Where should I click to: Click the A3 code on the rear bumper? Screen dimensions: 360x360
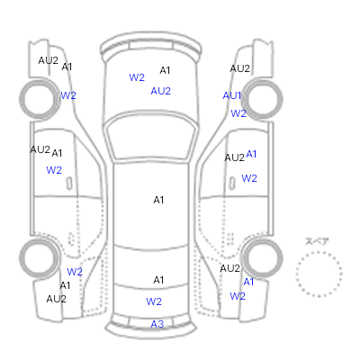[x=157, y=324]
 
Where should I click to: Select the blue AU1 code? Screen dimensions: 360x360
[x=232, y=95]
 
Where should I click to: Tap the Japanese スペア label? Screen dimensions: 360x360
[x=317, y=241]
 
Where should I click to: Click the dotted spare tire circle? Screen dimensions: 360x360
[x=319, y=274]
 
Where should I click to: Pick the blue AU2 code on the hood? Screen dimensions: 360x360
[x=160, y=91]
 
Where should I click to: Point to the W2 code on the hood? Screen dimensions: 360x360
[x=137, y=77]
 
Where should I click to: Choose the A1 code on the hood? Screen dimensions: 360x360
[x=165, y=70]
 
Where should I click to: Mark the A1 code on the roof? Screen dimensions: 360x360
[x=158, y=200]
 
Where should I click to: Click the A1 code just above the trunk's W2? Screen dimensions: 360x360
[x=158, y=280]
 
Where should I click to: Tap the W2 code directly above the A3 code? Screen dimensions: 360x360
[x=154, y=301]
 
